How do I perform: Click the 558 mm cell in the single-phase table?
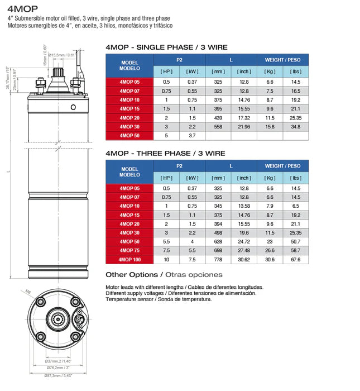[218, 127]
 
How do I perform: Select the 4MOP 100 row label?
[129, 260]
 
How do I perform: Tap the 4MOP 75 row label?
[129, 251]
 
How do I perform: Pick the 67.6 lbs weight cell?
[295, 260]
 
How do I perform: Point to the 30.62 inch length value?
[244, 260]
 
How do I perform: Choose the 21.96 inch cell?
[244, 127]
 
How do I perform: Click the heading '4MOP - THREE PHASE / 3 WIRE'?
[165, 152]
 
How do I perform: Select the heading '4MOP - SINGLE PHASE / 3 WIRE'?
[166, 47]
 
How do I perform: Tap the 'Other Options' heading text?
[132, 275]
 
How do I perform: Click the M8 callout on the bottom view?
[28, 292]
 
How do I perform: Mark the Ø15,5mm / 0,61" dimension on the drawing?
[61, 55]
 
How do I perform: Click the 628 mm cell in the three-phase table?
[218, 242]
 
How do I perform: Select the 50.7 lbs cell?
[295, 242]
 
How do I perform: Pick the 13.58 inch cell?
[244, 206]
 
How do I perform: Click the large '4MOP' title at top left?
[23, 8]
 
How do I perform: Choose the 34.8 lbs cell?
[295, 127]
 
